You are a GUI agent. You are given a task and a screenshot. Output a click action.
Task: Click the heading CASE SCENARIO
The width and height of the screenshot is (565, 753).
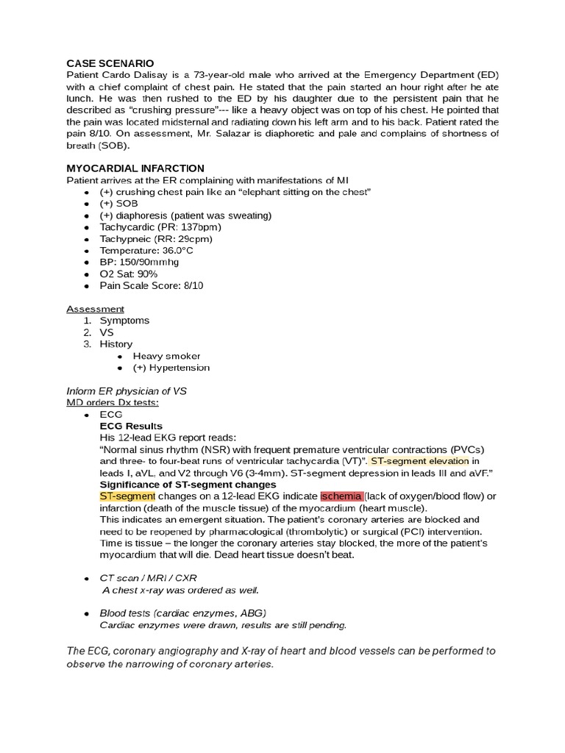click(x=110, y=64)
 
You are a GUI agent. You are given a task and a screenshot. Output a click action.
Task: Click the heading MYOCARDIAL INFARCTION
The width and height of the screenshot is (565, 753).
click(x=135, y=168)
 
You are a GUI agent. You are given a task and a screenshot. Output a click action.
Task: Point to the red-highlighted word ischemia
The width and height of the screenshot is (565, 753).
click(x=341, y=496)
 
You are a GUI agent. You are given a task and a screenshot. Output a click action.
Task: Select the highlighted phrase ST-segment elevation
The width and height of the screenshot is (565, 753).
click(x=420, y=461)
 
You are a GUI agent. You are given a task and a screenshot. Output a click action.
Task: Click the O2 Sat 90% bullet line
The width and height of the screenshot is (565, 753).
click(x=129, y=274)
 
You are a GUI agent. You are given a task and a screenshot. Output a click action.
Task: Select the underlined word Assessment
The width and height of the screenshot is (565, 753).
click(x=96, y=309)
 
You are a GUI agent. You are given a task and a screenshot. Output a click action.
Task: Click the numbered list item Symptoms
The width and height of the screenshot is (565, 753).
click(x=124, y=321)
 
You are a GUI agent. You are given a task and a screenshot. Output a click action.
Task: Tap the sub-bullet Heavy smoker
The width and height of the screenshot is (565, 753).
click(x=166, y=356)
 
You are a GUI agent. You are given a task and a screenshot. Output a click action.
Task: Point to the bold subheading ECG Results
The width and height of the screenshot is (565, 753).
click(x=131, y=426)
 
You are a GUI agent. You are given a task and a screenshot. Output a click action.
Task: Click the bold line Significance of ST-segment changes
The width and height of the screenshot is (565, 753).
click(x=188, y=485)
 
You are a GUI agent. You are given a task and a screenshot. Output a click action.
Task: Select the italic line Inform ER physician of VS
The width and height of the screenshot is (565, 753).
click(x=127, y=391)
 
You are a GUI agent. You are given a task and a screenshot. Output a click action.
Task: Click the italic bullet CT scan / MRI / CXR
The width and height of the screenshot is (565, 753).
click(x=149, y=578)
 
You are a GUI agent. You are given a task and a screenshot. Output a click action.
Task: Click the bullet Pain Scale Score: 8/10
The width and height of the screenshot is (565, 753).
click(x=152, y=285)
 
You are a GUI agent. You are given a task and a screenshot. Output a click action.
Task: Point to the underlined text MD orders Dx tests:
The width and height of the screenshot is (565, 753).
click(x=113, y=402)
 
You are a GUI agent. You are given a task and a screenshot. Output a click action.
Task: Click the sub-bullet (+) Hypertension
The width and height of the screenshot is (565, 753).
click(x=171, y=368)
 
